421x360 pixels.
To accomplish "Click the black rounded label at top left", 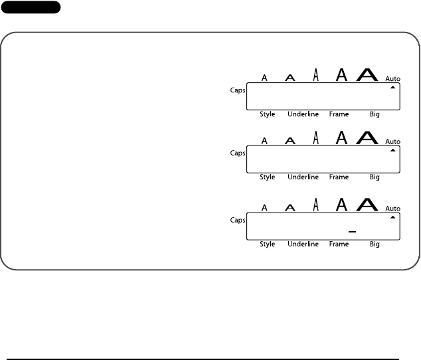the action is [31, 7].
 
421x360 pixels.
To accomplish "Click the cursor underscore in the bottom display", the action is [352, 231].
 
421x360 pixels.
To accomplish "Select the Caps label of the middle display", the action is [238, 152].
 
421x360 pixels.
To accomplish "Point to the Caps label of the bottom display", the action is [238, 221].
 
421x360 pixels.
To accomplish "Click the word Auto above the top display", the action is [393, 78].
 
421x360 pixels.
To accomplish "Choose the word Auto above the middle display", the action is [393, 141].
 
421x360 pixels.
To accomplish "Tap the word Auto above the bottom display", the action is [393, 209].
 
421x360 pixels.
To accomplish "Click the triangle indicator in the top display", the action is [393, 87].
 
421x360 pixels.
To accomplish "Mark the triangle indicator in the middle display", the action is [393, 150].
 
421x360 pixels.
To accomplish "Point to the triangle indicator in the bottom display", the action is [393, 217].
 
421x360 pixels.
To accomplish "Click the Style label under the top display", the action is [267, 114].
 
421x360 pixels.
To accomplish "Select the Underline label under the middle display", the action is [303, 177].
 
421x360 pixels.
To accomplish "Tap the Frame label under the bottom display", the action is [339, 244].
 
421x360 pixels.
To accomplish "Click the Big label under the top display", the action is [375, 114].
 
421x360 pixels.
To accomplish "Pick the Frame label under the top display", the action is [339, 114].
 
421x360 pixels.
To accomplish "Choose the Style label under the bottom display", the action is [267, 244].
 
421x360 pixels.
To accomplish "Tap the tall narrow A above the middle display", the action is [316, 137].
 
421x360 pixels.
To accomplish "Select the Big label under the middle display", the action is [375, 177].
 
